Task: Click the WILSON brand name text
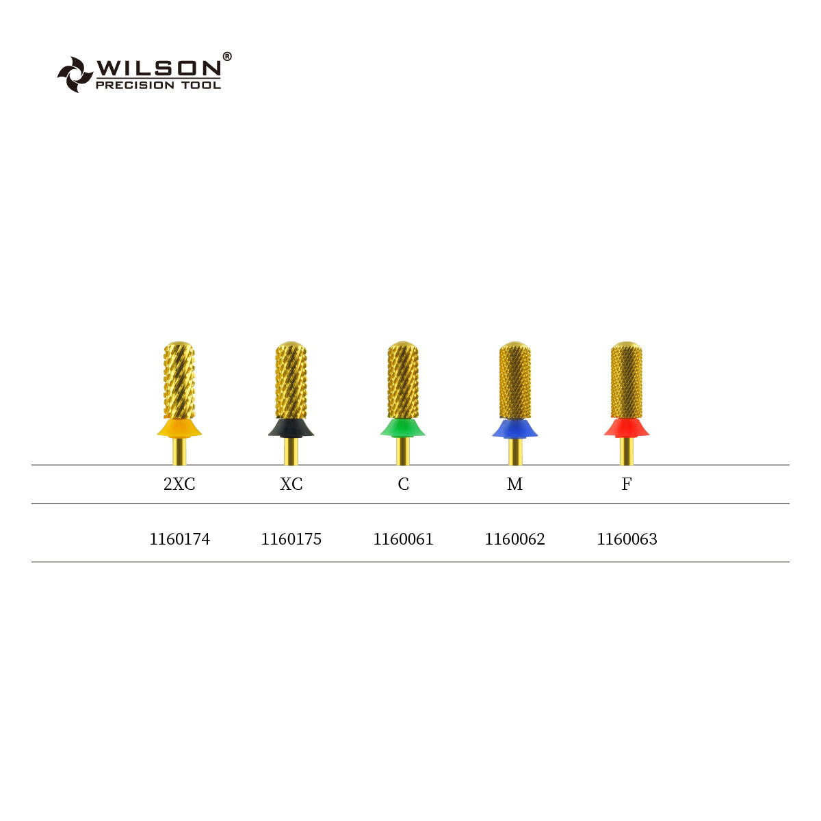pyautogui.click(x=158, y=68)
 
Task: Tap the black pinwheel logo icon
pyautogui.click(x=75, y=74)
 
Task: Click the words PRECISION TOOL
pyautogui.click(x=158, y=85)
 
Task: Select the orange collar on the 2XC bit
pyautogui.click(x=179, y=428)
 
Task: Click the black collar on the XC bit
pyautogui.click(x=291, y=428)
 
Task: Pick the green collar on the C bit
pyautogui.click(x=403, y=428)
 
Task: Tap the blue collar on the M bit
pyautogui.click(x=514, y=428)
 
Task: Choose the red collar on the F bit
pyautogui.click(x=626, y=428)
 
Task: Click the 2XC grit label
pyautogui.click(x=179, y=484)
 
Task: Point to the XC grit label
pyautogui.click(x=291, y=484)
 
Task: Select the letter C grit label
pyautogui.click(x=403, y=484)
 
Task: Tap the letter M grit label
pyautogui.click(x=514, y=484)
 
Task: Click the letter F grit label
pyautogui.click(x=626, y=484)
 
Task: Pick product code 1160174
pyautogui.click(x=179, y=539)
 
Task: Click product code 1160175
pyautogui.click(x=291, y=539)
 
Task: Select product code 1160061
pyautogui.click(x=403, y=539)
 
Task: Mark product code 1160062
pyautogui.click(x=514, y=539)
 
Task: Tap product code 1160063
pyautogui.click(x=627, y=539)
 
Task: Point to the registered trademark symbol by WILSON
pyautogui.click(x=227, y=57)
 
